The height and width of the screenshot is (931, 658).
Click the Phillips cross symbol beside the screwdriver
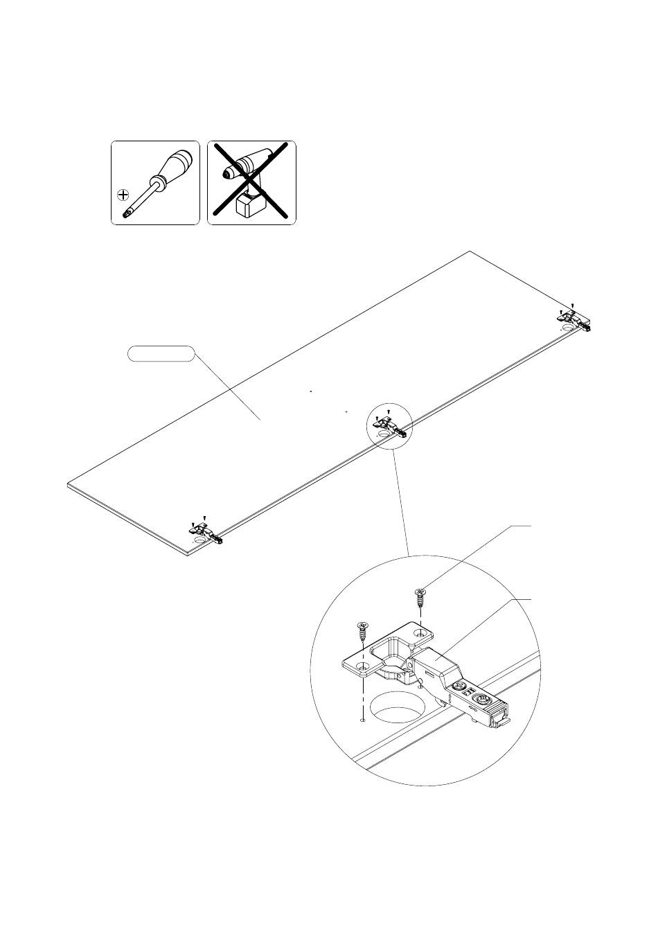123,194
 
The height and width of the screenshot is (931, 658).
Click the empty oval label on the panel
159,354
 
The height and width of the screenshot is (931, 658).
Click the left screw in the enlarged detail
362,632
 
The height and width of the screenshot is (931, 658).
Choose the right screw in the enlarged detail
420,597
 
